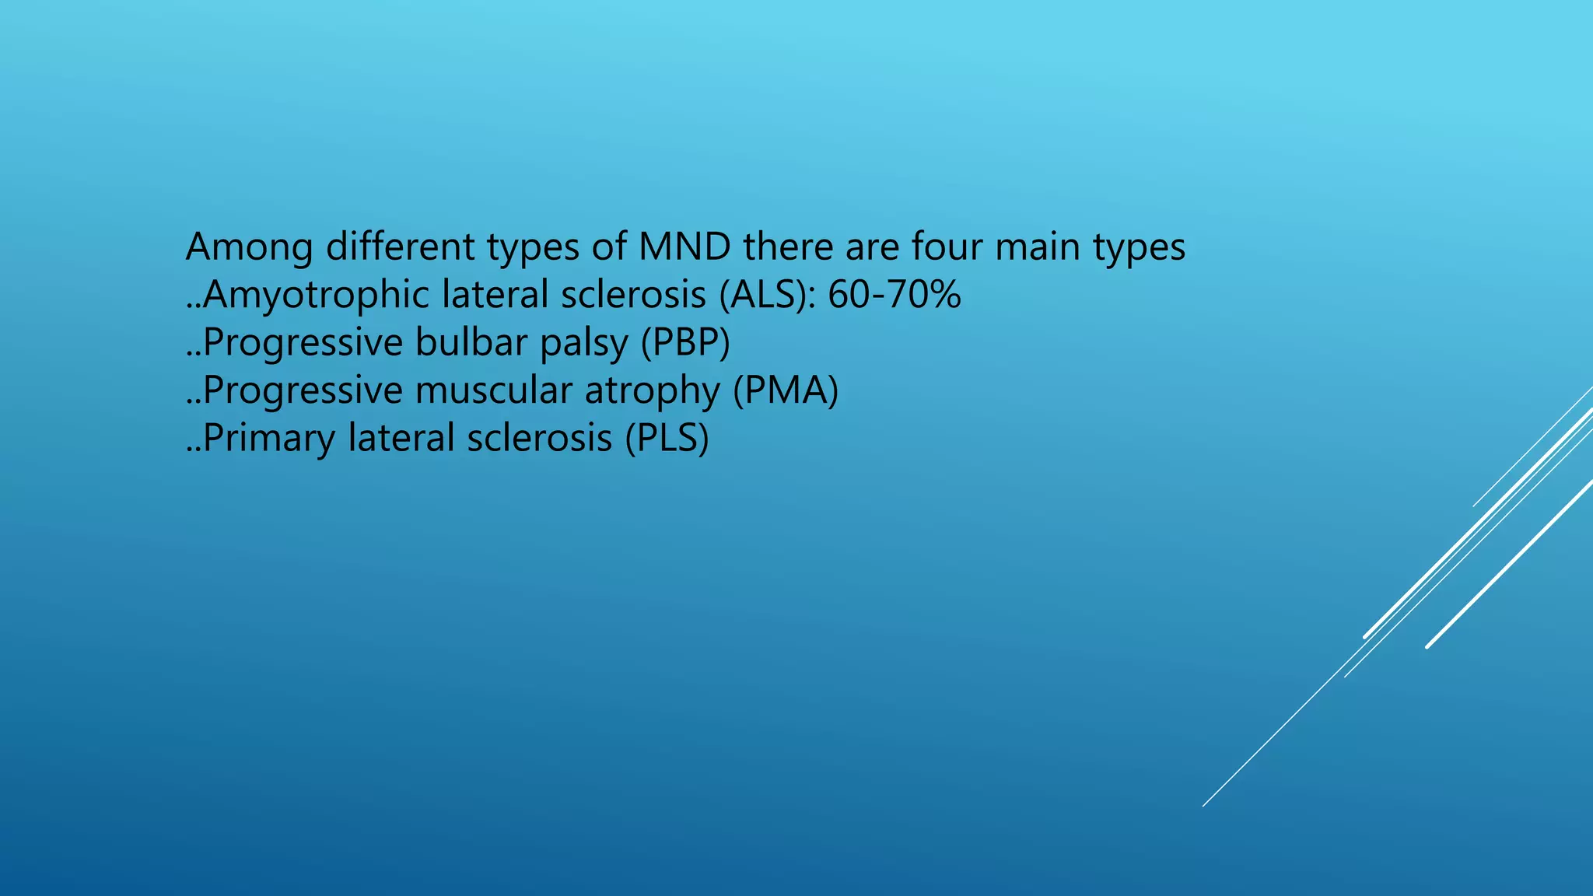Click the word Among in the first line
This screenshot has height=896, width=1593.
click(x=249, y=247)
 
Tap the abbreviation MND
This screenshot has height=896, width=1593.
click(x=684, y=247)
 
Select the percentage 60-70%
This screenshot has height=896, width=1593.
click(x=895, y=296)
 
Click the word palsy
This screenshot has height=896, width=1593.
click(x=583, y=345)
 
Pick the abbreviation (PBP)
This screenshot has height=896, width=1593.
click(x=685, y=343)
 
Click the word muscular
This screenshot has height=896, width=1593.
click(x=493, y=390)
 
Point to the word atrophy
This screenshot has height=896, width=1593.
click(x=652, y=392)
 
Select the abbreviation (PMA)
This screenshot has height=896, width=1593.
click(x=786, y=390)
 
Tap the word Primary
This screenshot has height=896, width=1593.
click(x=269, y=439)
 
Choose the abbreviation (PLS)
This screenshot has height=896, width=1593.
click(x=667, y=439)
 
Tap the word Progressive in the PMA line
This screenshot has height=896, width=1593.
click(x=302, y=390)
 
